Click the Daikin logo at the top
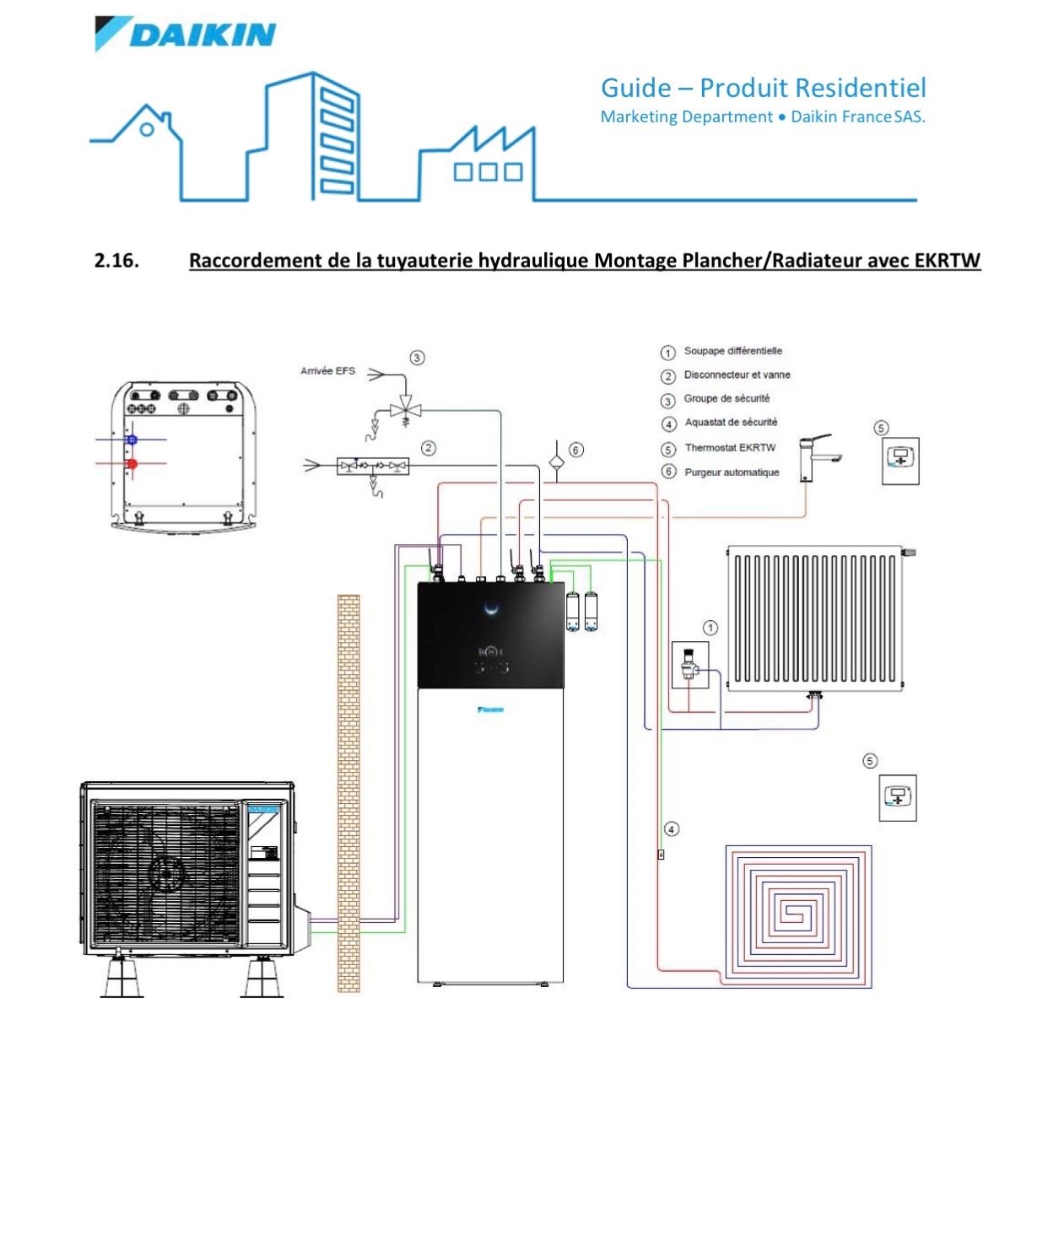pyautogui.click(x=186, y=35)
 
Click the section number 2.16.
pyautogui.click(x=116, y=260)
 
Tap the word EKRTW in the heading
pyautogui.click(x=947, y=260)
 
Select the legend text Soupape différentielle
pyautogui.click(x=732, y=351)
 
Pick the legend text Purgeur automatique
pyautogui.click(x=732, y=472)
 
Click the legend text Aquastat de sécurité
pyautogui.click(x=731, y=423)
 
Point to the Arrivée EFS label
pyautogui.click(x=327, y=370)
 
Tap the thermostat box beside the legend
pyautogui.click(x=900, y=461)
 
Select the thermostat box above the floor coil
pyautogui.click(x=898, y=797)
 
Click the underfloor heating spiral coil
pyautogui.click(x=797, y=914)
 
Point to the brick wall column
pyautogui.click(x=348, y=793)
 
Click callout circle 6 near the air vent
pyautogui.click(x=576, y=450)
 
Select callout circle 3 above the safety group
pyautogui.click(x=417, y=358)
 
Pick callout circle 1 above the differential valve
pyautogui.click(x=710, y=628)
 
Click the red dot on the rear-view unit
pyautogui.click(x=132, y=464)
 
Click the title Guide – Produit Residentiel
pyautogui.click(x=763, y=88)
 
